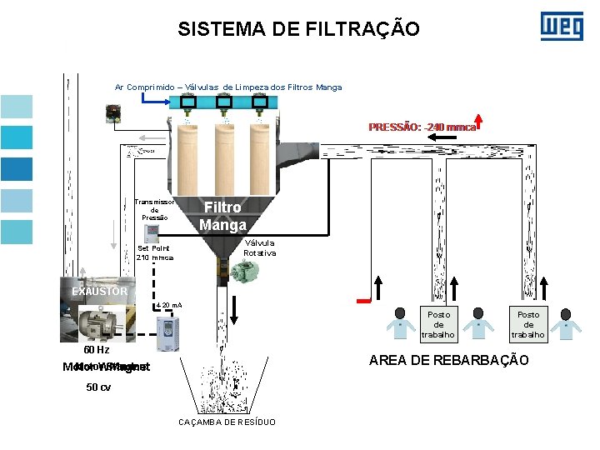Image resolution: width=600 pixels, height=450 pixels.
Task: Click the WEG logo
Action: click(x=562, y=26)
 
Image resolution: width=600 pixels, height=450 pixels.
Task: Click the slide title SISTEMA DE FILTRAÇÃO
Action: click(x=298, y=30)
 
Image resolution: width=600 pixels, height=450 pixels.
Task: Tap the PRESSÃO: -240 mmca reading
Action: click(x=422, y=127)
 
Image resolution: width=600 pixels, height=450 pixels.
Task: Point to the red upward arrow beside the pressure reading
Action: click(x=480, y=123)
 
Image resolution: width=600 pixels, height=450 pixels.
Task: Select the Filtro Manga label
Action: click(x=222, y=216)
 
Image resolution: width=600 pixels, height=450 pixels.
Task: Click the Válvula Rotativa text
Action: click(x=259, y=247)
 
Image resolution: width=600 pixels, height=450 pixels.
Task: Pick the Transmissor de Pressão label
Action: click(x=154, y=209)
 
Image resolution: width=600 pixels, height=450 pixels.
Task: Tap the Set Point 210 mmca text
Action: click(x=154, y=252)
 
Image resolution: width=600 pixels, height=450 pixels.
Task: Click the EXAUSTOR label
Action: click(x=99, y=291)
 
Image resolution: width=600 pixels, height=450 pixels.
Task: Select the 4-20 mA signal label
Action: click(x=169, y=306)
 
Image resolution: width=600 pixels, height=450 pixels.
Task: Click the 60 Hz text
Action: click(x=90, y=350)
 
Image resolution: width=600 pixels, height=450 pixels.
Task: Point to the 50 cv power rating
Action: click(x=98, y=387)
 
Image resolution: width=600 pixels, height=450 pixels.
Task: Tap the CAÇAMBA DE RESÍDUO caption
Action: click(x=227, y=422)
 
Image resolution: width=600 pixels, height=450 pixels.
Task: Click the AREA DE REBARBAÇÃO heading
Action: click(x=448, y=359)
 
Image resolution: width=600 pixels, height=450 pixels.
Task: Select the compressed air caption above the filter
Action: click(x=227, y=87)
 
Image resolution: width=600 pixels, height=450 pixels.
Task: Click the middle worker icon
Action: click(x=477, y=323)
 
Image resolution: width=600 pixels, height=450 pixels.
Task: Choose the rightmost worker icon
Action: click(x=566, y=323)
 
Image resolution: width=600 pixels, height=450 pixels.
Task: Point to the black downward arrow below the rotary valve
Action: click(x=235, y=307)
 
